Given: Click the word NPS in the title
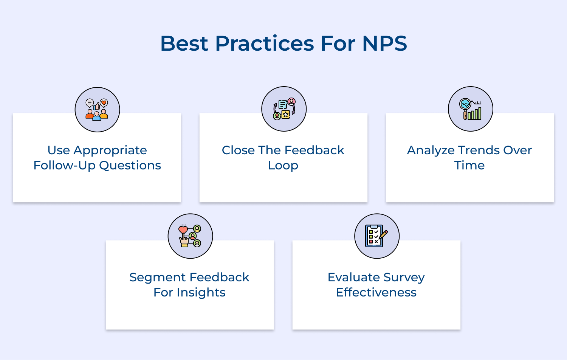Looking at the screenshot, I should pos(384,43).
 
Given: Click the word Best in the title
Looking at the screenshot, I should pos(184,43).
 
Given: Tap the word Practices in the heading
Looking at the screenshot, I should pos(264,43).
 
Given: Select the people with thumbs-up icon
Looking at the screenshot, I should pos(97,110).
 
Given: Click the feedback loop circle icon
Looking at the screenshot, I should pos(284,109).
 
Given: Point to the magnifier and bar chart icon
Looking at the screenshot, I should pos(471,109).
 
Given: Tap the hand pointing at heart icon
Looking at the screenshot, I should pos(190,236).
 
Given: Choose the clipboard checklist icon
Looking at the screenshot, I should pos(377,236).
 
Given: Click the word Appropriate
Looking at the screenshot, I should pos(110,151).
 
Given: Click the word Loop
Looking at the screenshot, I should pos(283,166).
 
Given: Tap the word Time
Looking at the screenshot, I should pos(469,166).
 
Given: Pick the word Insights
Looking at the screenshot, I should pos(201,293).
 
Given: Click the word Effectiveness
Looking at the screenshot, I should pos(376,293).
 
